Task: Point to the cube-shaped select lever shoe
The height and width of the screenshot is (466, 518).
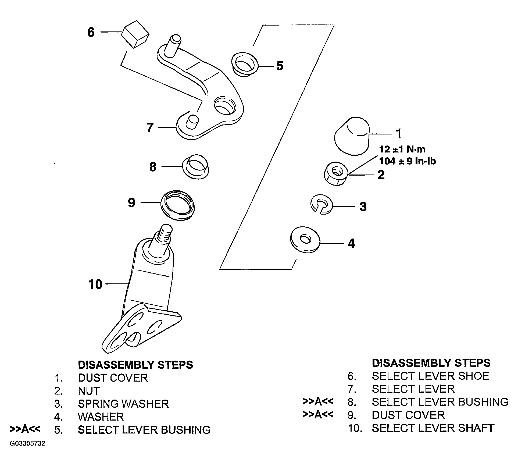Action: (x=135, y=34)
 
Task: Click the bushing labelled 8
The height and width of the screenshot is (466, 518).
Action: (x=196, y=167)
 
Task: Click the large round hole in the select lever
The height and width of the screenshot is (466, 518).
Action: (x=224, y=106)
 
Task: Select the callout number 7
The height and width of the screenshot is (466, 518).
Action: (x=150, y=127)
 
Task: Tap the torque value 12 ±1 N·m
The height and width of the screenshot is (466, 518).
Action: (x=402, y=149)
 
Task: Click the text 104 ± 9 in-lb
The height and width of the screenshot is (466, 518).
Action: (x=407, y=161)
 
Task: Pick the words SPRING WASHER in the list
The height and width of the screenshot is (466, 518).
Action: (x=123, y=404)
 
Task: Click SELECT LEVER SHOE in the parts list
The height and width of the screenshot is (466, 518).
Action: (x=430, y=376)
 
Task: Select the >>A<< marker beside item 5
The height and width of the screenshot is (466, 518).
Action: (x=25, y=429)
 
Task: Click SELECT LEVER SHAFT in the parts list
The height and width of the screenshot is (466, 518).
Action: (x=433, y=428)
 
